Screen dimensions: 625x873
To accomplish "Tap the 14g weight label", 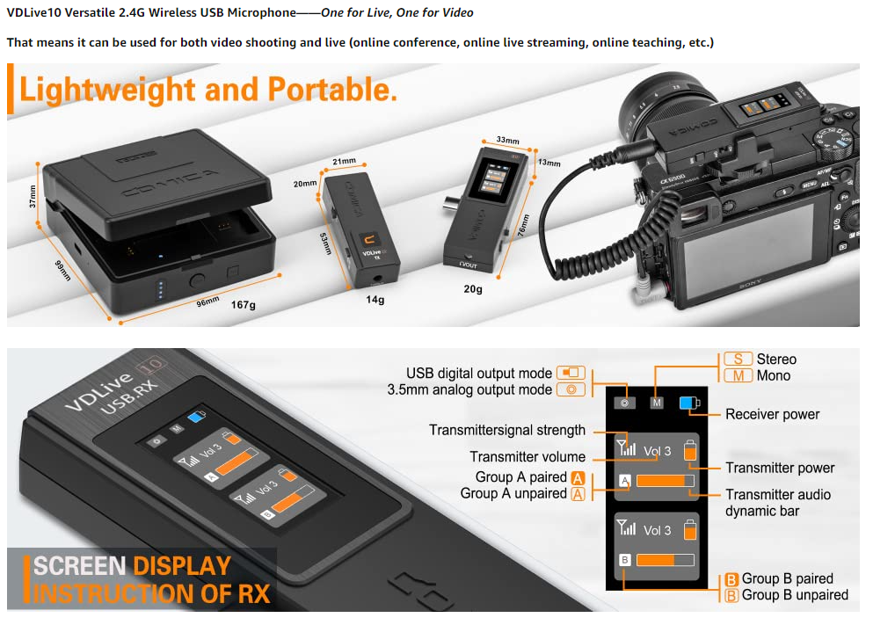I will tap(375, 300).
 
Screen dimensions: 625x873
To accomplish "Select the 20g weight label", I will tap(472, 288).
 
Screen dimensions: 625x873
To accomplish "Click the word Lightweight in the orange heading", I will tap(106, 90).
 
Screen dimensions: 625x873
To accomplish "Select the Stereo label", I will tap(776, 359).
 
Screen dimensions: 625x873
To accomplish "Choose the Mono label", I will tap(773, 375).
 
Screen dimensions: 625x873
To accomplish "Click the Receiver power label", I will tap(772, 414).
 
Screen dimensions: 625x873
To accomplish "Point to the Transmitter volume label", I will tap(527, 456).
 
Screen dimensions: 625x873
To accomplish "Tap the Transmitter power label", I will tap(780, 468).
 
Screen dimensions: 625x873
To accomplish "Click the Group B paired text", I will tap(787, 578).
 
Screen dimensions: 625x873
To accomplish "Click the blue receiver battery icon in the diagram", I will tap(687, 403).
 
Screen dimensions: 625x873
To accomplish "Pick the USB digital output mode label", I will tap(479, 373).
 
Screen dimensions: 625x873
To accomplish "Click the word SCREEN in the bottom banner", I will tap(78, 565).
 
